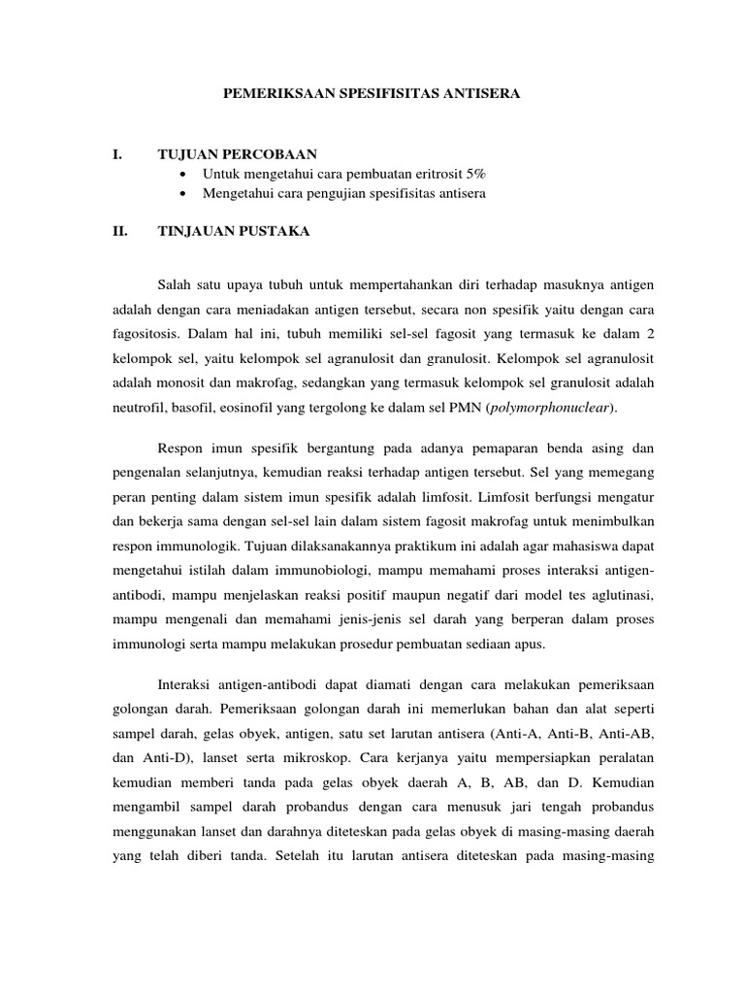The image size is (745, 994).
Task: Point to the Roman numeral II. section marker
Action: pyautogui.click(x=120, y=231)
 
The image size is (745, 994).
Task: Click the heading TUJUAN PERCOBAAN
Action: pyautogui.click(x=237, y=154)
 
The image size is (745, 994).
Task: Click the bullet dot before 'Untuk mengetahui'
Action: pyautogui.click(x=184, y=174)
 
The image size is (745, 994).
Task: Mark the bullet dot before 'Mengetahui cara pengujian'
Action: pyautogui.click(x=184, y=193)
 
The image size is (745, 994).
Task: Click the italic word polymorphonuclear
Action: pyautogui.click(x=556, y=408)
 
